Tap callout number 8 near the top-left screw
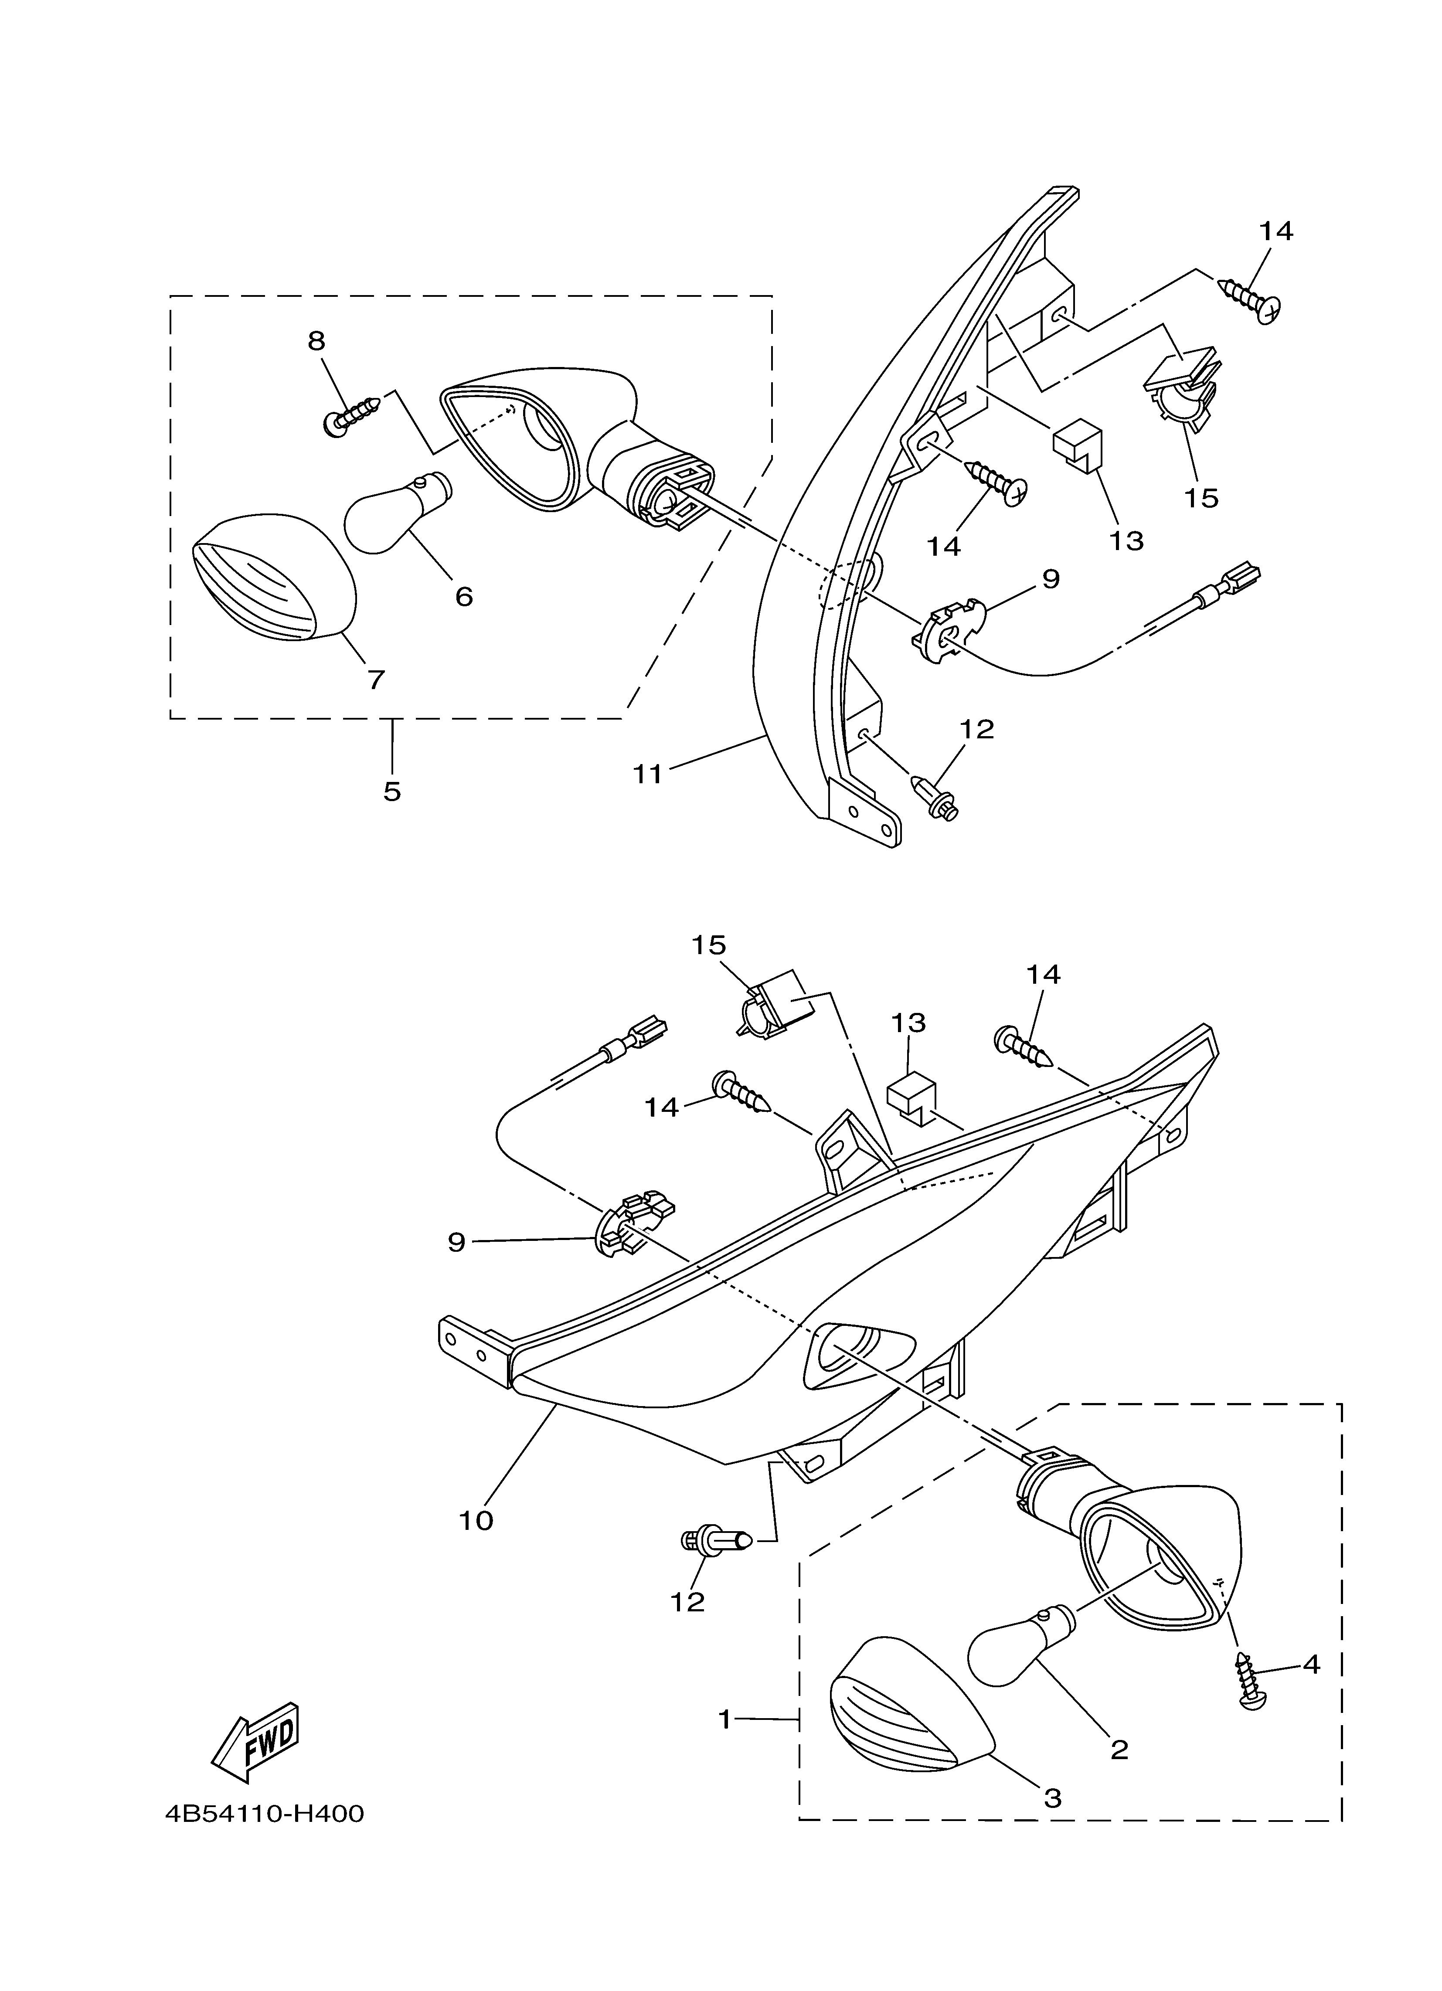316,340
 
